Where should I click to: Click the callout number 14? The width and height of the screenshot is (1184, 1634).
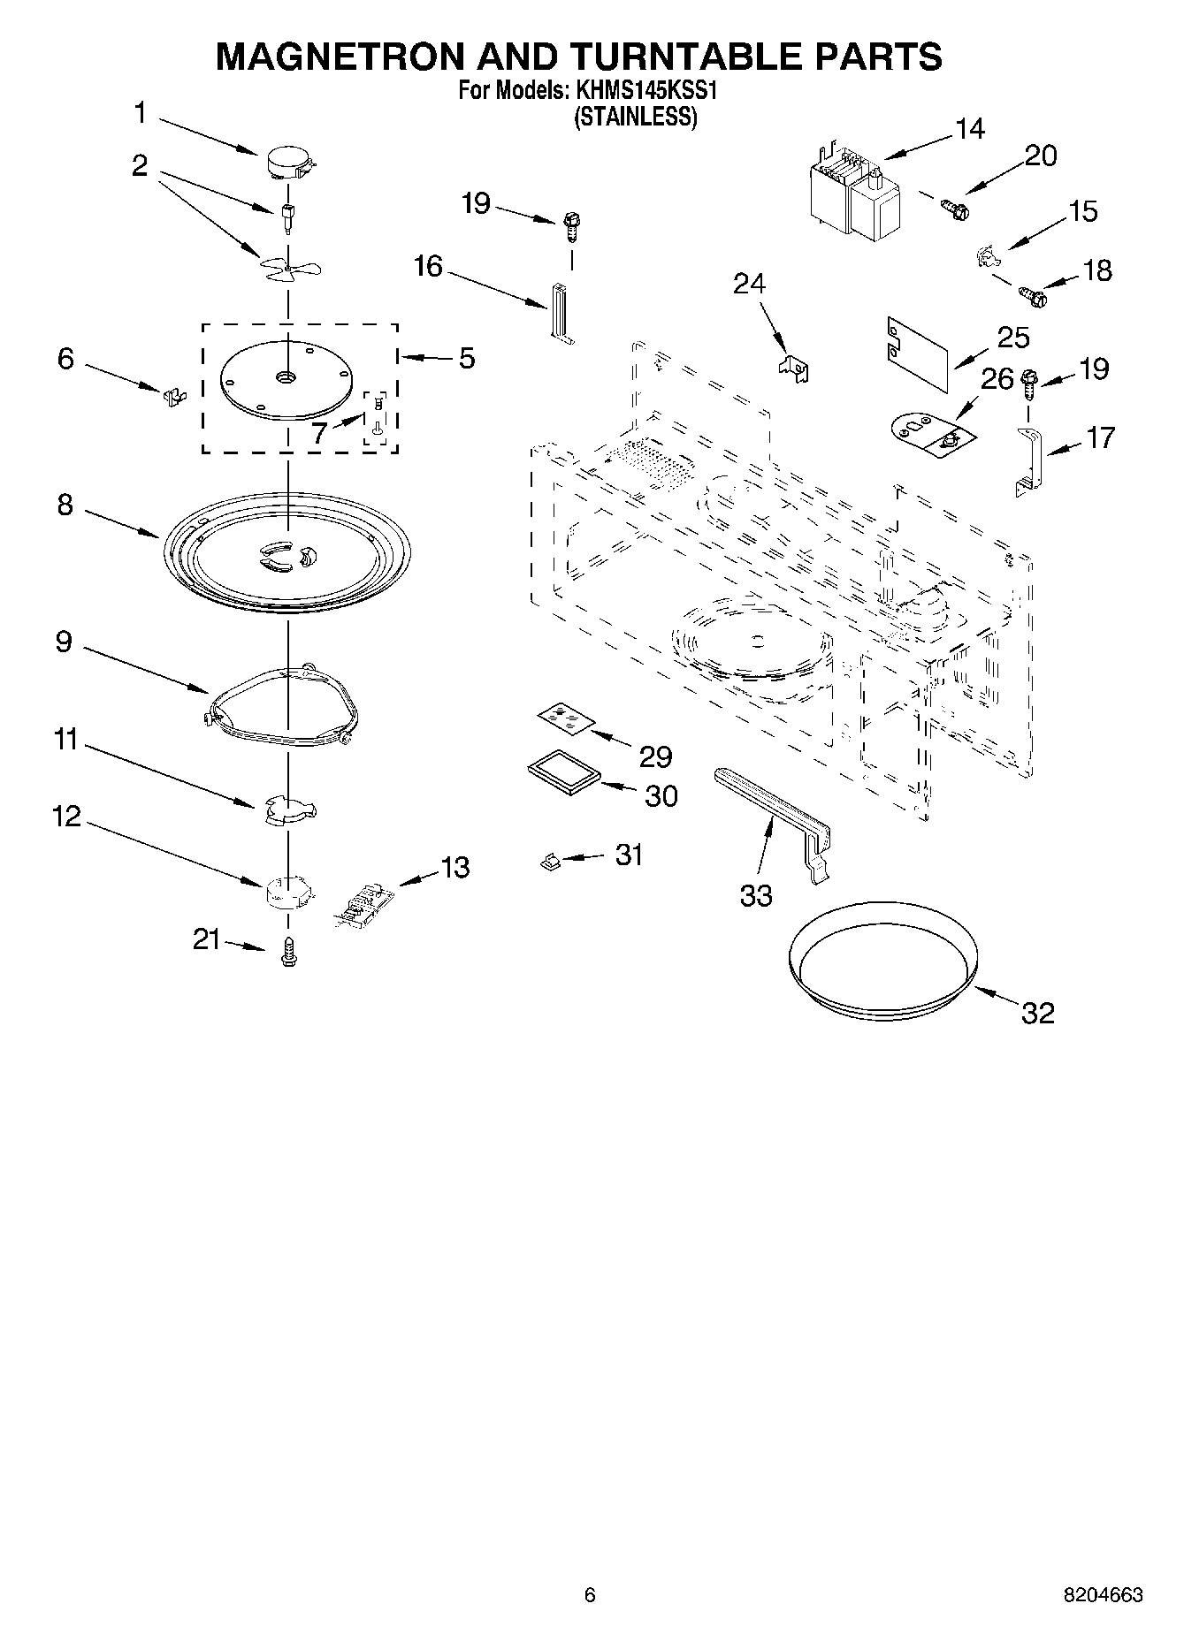970,129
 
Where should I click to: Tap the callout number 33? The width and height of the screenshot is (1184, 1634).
756,895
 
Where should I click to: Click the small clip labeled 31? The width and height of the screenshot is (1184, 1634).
550,860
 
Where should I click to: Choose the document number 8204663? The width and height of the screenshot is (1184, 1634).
1104,1595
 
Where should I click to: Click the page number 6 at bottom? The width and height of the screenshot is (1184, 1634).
590,1595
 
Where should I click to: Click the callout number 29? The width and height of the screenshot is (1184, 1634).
655,756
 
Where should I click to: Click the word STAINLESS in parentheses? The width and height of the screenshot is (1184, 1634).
636,117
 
